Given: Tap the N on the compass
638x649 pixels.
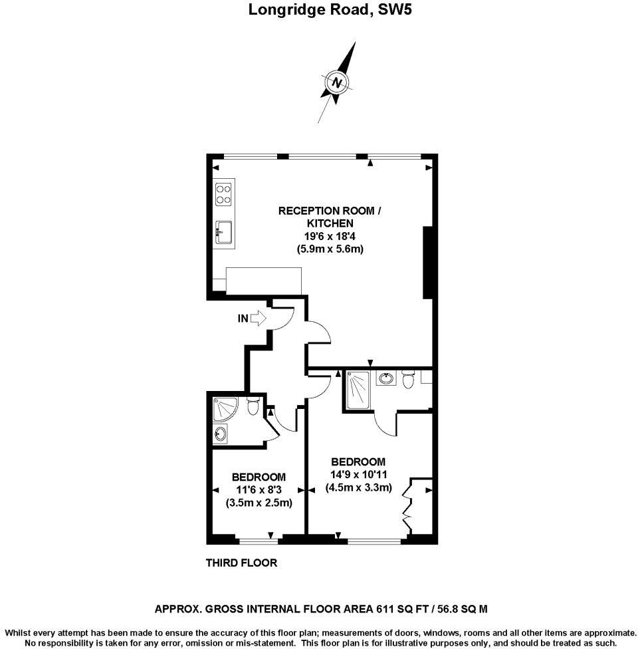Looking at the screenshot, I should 338,83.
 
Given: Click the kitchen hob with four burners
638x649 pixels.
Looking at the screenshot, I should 223,193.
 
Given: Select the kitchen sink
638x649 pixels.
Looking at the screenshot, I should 223,232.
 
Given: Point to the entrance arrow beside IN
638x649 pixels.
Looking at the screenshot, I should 258,319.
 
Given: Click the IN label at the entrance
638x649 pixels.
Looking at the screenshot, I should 243,319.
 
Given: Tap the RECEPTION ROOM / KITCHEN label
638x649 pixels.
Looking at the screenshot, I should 330,217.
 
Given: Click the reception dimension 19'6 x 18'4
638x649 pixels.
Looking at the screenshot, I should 330,236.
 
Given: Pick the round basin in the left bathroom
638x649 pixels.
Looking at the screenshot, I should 221,435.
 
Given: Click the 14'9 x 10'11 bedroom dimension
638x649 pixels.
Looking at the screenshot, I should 358,475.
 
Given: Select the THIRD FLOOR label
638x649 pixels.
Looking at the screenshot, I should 241,563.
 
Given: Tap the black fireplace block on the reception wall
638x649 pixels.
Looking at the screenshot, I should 429,262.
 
